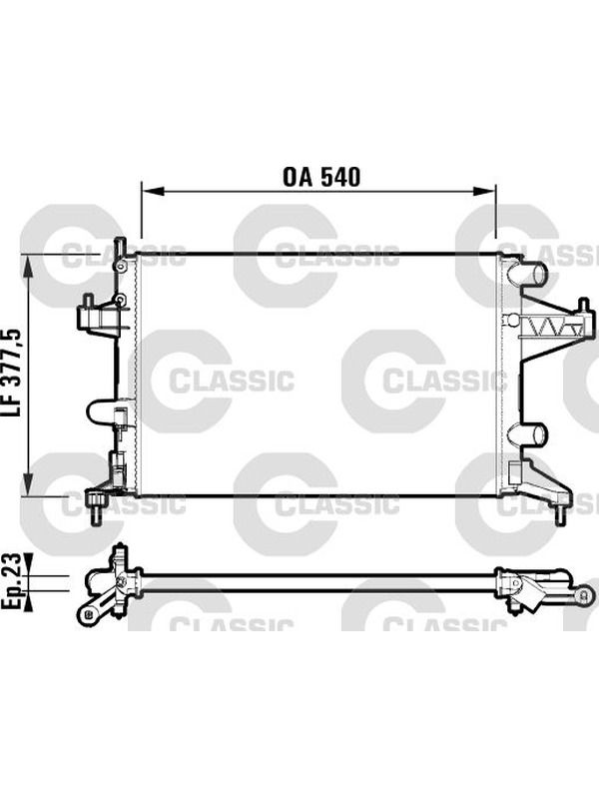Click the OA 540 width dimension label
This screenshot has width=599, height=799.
click(x=321, y=177)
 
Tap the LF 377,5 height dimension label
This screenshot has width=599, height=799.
click(x=14, y=373)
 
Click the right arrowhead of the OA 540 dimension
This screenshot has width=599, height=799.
click(x=484, y=191)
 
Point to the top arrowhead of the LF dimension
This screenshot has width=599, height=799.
click(x=28, y=265)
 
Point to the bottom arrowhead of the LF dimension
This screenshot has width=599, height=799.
click(x=28, y=483)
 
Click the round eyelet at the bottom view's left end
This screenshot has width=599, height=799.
click(x=88, y=613)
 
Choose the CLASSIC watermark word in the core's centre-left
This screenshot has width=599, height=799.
click(x=232, y=381)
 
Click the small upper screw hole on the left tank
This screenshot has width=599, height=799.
click(x=120, y=267)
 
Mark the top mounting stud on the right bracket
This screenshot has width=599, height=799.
click(x=584, y=305)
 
